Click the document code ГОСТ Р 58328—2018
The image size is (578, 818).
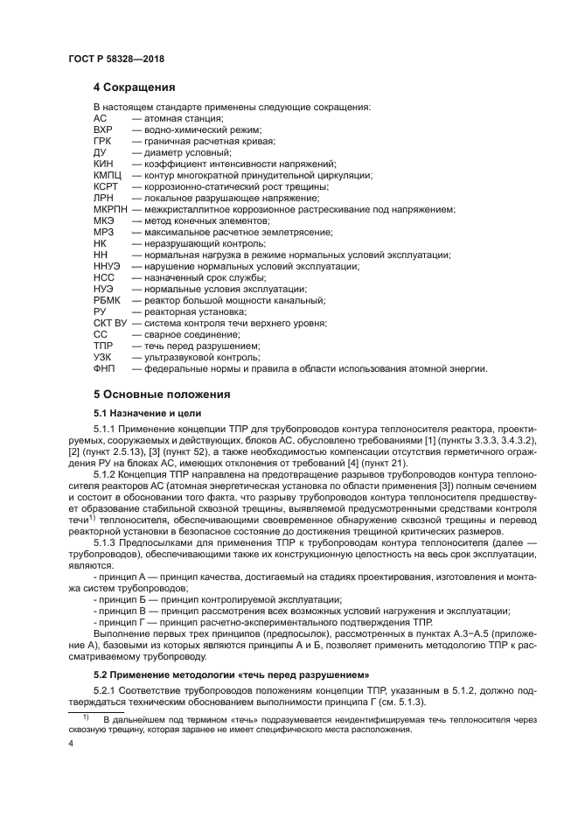[116, 59]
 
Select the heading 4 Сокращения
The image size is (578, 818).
[134, 87]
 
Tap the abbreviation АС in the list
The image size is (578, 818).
[100, 117]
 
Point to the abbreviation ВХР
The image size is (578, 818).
[102, 129]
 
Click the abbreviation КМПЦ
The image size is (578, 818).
[106, 175]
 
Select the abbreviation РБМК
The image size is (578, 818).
[106, 300]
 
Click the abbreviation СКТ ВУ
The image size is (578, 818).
[109, 323]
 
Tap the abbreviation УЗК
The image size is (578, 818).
[102, 357]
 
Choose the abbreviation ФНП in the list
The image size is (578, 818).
[103, 368]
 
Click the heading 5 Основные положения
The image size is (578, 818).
[162, 394]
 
